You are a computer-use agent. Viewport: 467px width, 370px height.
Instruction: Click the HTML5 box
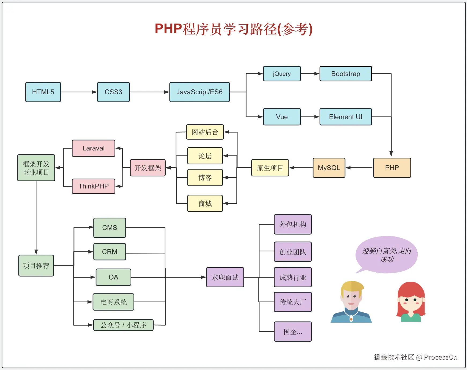coord(43,92)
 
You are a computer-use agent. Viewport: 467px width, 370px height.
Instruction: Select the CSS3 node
coord(113,92)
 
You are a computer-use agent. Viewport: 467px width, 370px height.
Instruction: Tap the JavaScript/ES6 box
coord(199,92)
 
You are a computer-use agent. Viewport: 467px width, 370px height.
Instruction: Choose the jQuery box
coord(282,74)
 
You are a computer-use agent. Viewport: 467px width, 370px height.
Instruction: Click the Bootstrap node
coord(346,74)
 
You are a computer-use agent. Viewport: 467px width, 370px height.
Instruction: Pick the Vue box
coord(282,117)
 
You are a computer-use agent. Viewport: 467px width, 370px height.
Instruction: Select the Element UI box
coord(346,117)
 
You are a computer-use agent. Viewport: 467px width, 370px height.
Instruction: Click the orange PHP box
coord(392,168)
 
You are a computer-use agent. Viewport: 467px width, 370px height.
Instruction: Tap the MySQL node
coord(329,168)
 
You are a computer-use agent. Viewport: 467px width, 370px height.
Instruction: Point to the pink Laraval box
coord(94,148)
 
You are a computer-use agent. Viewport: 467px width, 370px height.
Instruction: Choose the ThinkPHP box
coord(94,186)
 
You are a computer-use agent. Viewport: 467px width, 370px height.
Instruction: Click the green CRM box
coord(110,252)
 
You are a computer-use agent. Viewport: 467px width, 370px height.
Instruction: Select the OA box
coord(113,277)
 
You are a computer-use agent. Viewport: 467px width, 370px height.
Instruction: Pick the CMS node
coord(110,228)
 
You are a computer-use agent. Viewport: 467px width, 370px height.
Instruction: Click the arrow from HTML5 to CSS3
coord(79,92)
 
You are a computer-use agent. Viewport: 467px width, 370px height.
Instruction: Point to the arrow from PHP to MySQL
coord(359,168)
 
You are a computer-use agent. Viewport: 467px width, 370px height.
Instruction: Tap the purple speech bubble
coord(387,254)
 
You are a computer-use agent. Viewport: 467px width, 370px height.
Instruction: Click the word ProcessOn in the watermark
coord(441,357)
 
